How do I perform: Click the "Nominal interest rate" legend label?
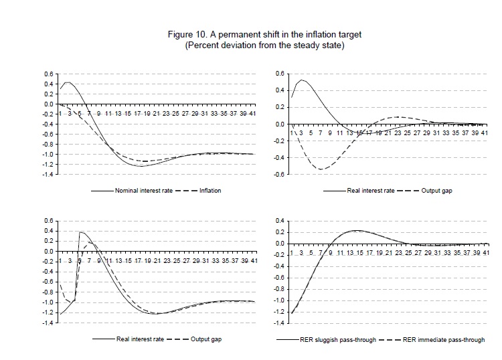point(144,191)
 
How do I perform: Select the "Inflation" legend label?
point(210,191)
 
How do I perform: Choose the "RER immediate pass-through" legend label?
point(444,340)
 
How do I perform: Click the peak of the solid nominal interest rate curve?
point(68,82)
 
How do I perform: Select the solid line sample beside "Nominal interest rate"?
point(100,191)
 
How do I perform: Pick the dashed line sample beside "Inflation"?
point(186,191)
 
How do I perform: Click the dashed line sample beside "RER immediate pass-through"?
point(389,340)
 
